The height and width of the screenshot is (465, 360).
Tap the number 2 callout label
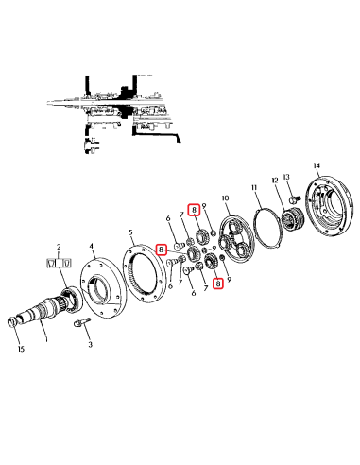point(60,246)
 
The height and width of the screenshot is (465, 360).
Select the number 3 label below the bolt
point(91,347)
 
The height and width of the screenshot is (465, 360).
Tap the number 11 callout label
point(254,189)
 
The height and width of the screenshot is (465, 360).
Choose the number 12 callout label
point(276,180)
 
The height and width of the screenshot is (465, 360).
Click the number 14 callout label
point(317,165)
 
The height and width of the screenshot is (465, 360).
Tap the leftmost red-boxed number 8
point(162,250)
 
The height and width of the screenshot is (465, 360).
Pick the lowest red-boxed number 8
point(218,282)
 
